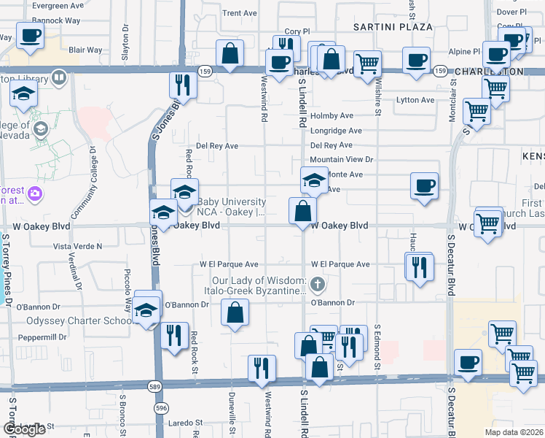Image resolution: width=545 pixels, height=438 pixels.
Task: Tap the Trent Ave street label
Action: click(x=240, y=13)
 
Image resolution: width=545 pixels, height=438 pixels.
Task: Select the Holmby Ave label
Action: click(x=332, y=115)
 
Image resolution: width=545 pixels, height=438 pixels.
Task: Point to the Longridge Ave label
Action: click(x=336, y=131)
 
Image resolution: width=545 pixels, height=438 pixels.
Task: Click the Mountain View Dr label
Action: click(x=341, y=159)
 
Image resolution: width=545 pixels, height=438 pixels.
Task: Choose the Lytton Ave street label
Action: click(x=415, y=100)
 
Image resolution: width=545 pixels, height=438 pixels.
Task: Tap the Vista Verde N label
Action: click(x=78, y=247)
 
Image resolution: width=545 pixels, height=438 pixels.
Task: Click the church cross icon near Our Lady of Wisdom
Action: click(x=316, y=283)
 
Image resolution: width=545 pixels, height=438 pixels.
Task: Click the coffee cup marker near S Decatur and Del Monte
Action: click(x=424, y=185)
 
